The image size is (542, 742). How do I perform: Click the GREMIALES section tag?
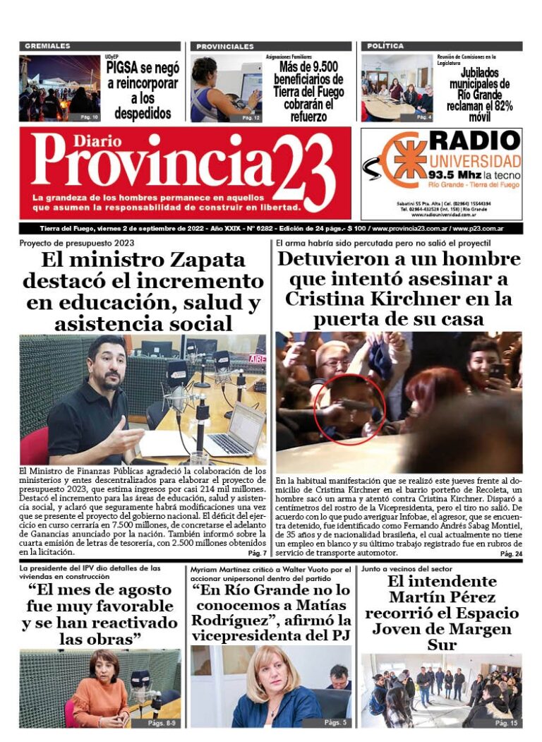48,46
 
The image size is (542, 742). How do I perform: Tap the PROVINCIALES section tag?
225,46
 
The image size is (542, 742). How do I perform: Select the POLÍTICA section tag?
385,46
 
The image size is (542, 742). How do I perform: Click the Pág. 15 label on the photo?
506,723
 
